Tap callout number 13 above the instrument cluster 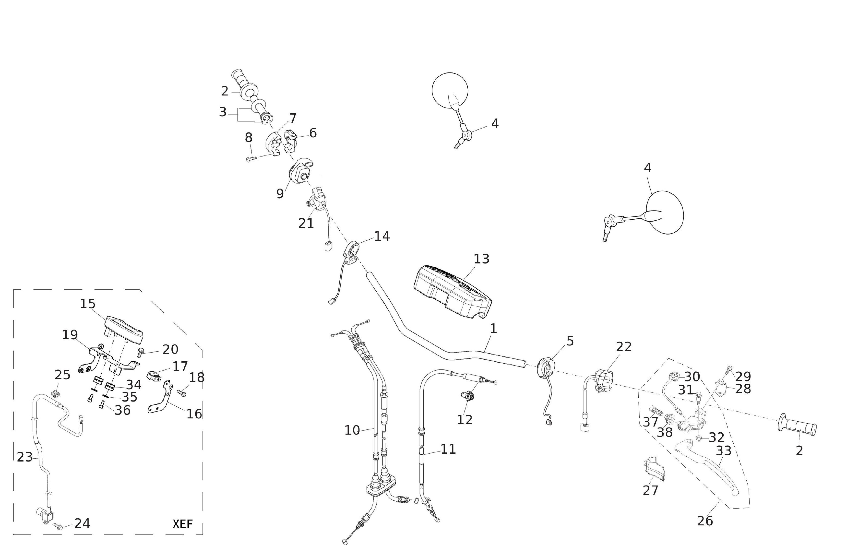coord(481,259)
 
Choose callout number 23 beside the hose coord(25,457)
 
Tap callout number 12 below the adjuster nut coord(465,420)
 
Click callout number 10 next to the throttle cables coord(352,430)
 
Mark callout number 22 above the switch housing coord(624,347)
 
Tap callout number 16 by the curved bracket coord(194,414)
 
